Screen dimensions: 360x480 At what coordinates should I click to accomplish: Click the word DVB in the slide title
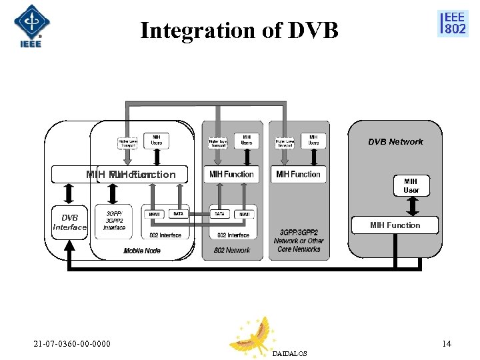point(314,30)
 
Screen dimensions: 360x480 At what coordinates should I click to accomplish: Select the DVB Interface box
point(70,223)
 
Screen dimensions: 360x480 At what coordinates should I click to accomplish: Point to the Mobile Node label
point(142,251)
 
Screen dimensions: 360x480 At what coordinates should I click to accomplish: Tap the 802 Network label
point(233,250)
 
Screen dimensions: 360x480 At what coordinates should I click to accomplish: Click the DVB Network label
point(395,141)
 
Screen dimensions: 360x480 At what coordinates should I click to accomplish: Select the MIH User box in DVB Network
point(411,185)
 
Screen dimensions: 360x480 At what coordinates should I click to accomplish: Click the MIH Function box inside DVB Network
point(395,225)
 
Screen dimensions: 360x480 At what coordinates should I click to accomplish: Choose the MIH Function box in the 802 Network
point(231,174)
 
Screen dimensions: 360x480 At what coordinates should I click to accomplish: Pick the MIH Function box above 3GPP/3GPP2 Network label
point(298,174)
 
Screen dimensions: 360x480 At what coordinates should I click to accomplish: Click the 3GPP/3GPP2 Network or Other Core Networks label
point(299,241)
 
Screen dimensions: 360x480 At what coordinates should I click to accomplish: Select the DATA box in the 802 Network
point(219,214)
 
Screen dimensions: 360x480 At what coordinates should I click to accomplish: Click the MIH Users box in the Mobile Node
point(156,140)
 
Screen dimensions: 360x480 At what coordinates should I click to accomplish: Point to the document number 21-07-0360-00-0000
point(72,344)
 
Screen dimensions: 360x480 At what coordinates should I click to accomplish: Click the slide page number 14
point(447,344)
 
